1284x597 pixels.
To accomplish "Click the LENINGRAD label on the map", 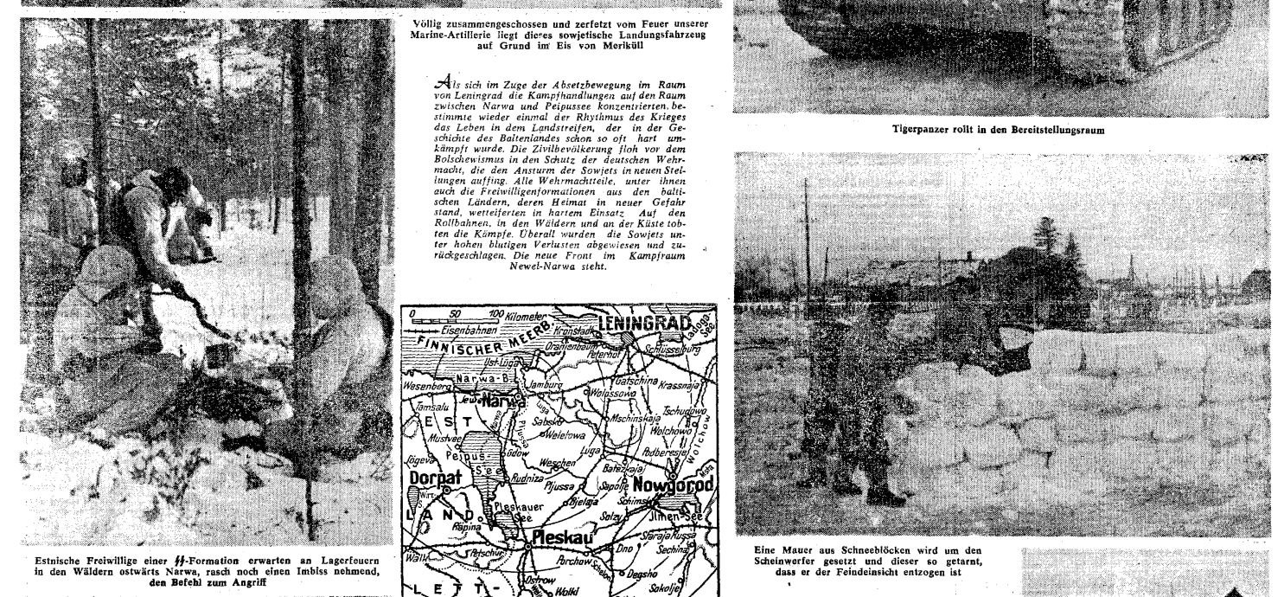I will point(651,322).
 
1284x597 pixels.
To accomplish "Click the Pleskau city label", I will point(563,536).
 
